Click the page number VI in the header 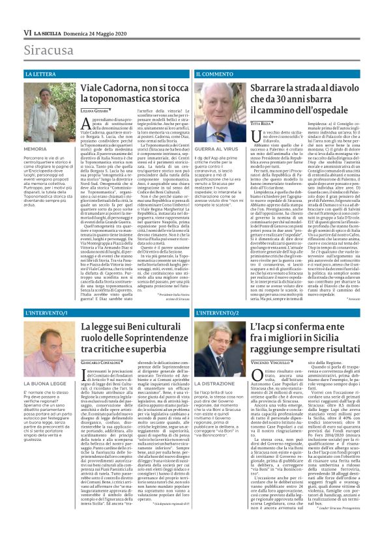coord(27,32)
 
